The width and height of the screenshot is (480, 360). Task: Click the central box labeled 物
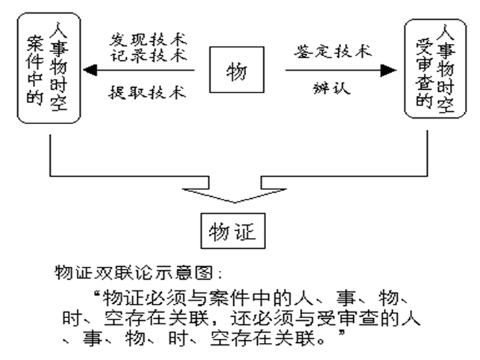(236, 70)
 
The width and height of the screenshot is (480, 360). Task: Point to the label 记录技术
(148, 56)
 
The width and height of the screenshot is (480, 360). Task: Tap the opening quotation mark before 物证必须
(93, 296)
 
